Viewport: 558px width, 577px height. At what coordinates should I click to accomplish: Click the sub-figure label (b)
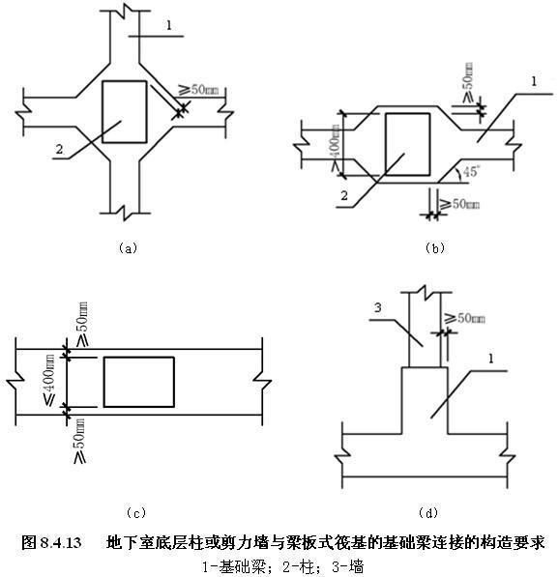434,248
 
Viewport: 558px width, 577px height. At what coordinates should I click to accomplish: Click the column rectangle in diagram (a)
124,112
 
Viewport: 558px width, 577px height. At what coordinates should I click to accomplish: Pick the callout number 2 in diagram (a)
59,150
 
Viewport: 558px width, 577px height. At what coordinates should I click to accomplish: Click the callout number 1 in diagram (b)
532,84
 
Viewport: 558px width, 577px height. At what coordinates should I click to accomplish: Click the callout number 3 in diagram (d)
381,308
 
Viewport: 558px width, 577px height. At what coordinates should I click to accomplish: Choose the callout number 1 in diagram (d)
491,360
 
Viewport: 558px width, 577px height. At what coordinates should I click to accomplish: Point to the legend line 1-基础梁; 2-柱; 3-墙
279,564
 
